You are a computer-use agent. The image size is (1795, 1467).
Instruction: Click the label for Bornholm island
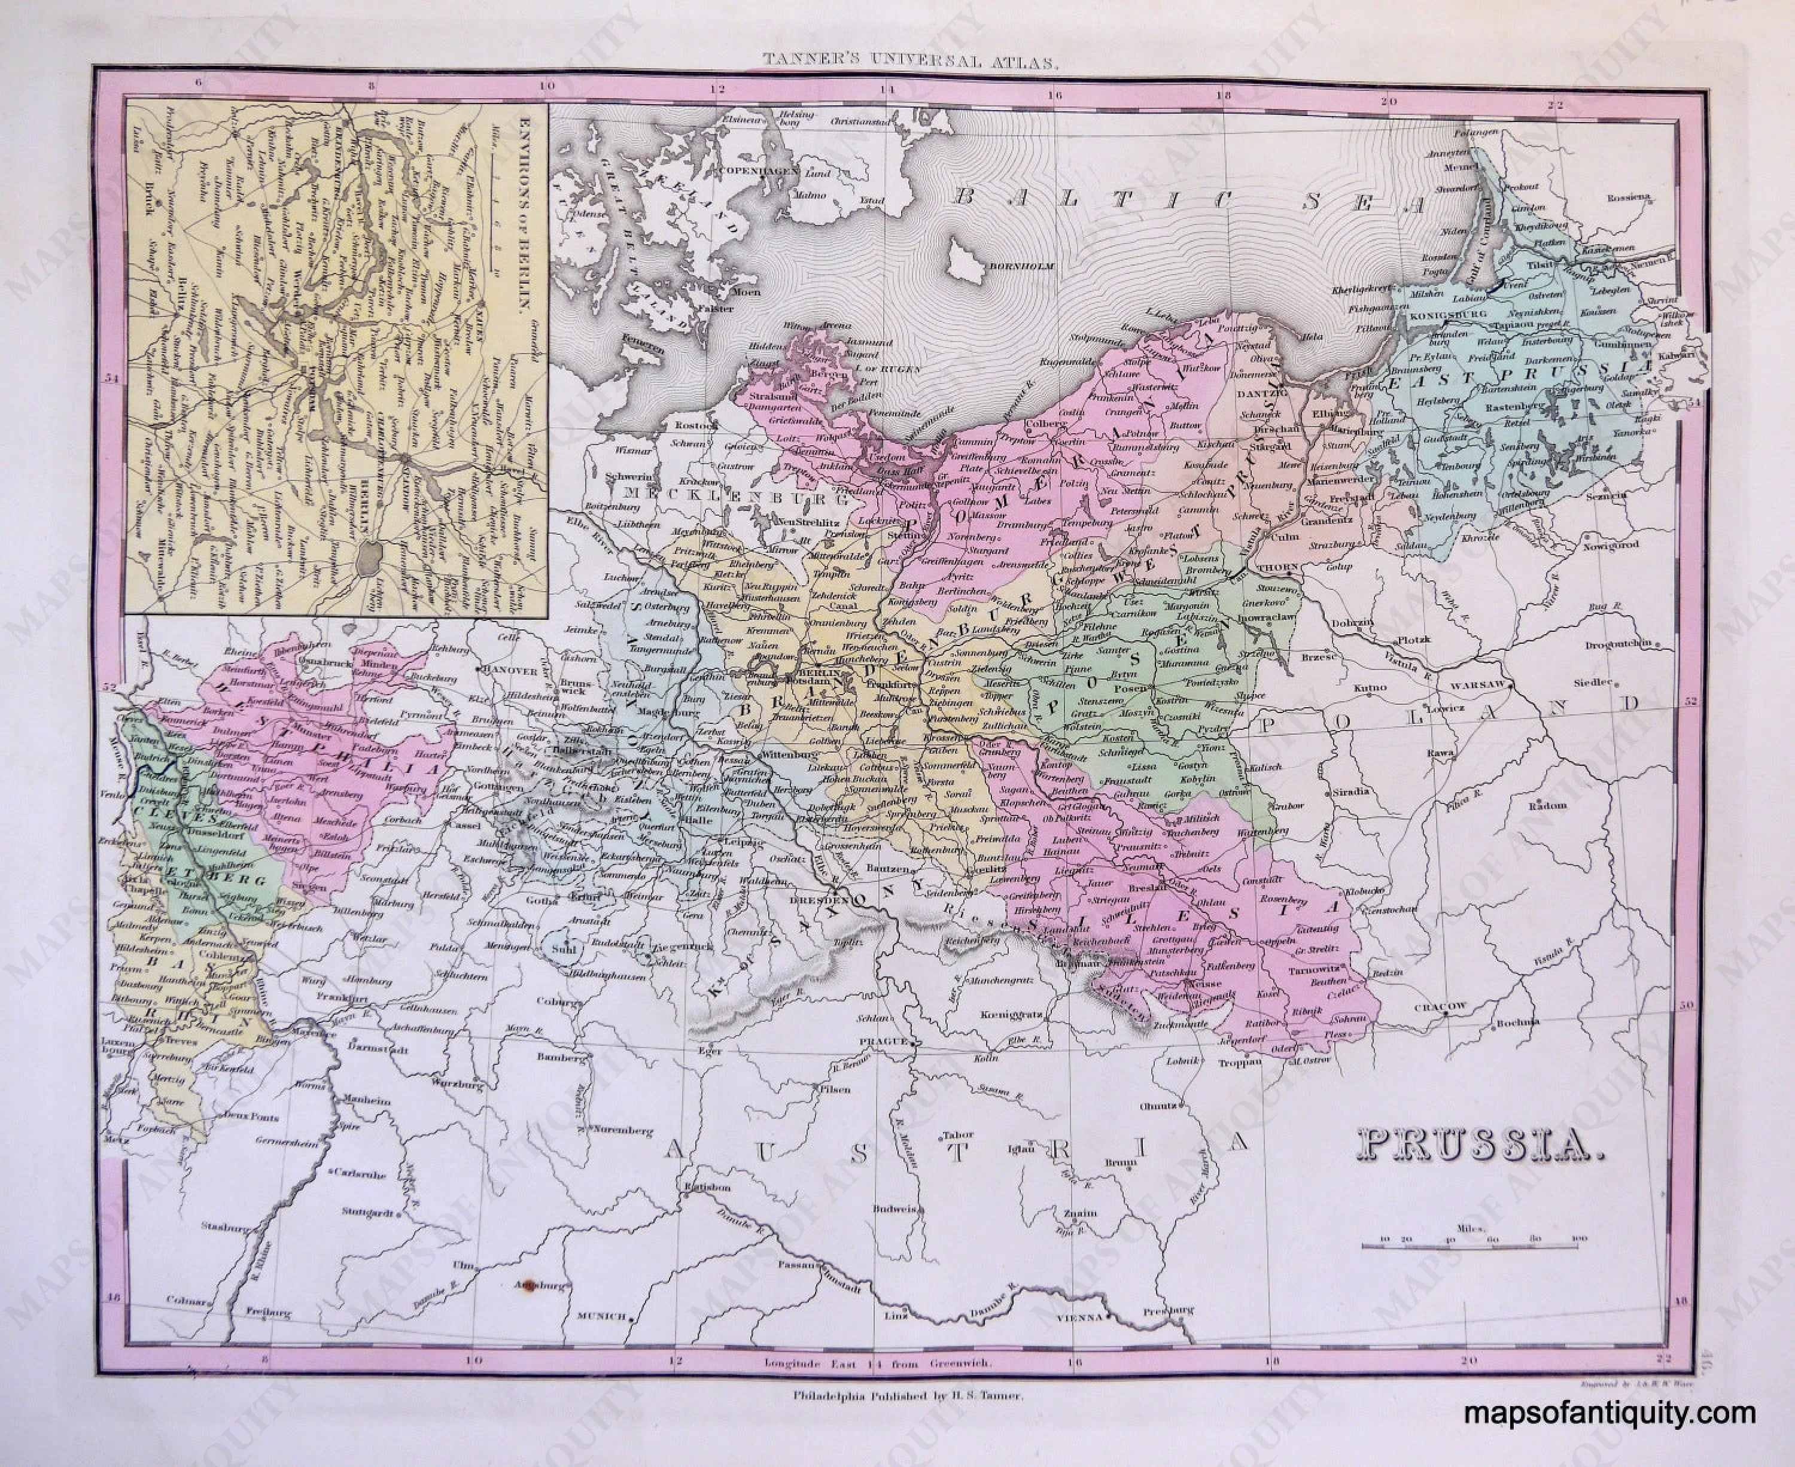point(1029,266)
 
